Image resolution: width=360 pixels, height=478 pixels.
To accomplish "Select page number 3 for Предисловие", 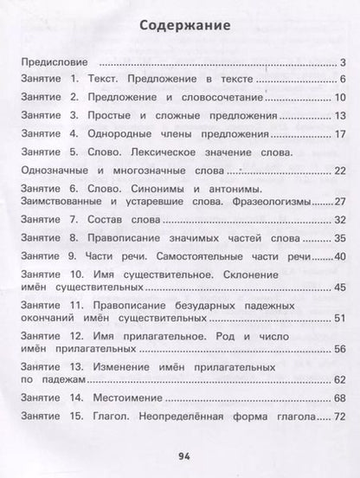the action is click(x=343, y=62).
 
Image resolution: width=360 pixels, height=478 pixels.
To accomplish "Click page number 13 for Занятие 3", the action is click(x=339, y=116).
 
